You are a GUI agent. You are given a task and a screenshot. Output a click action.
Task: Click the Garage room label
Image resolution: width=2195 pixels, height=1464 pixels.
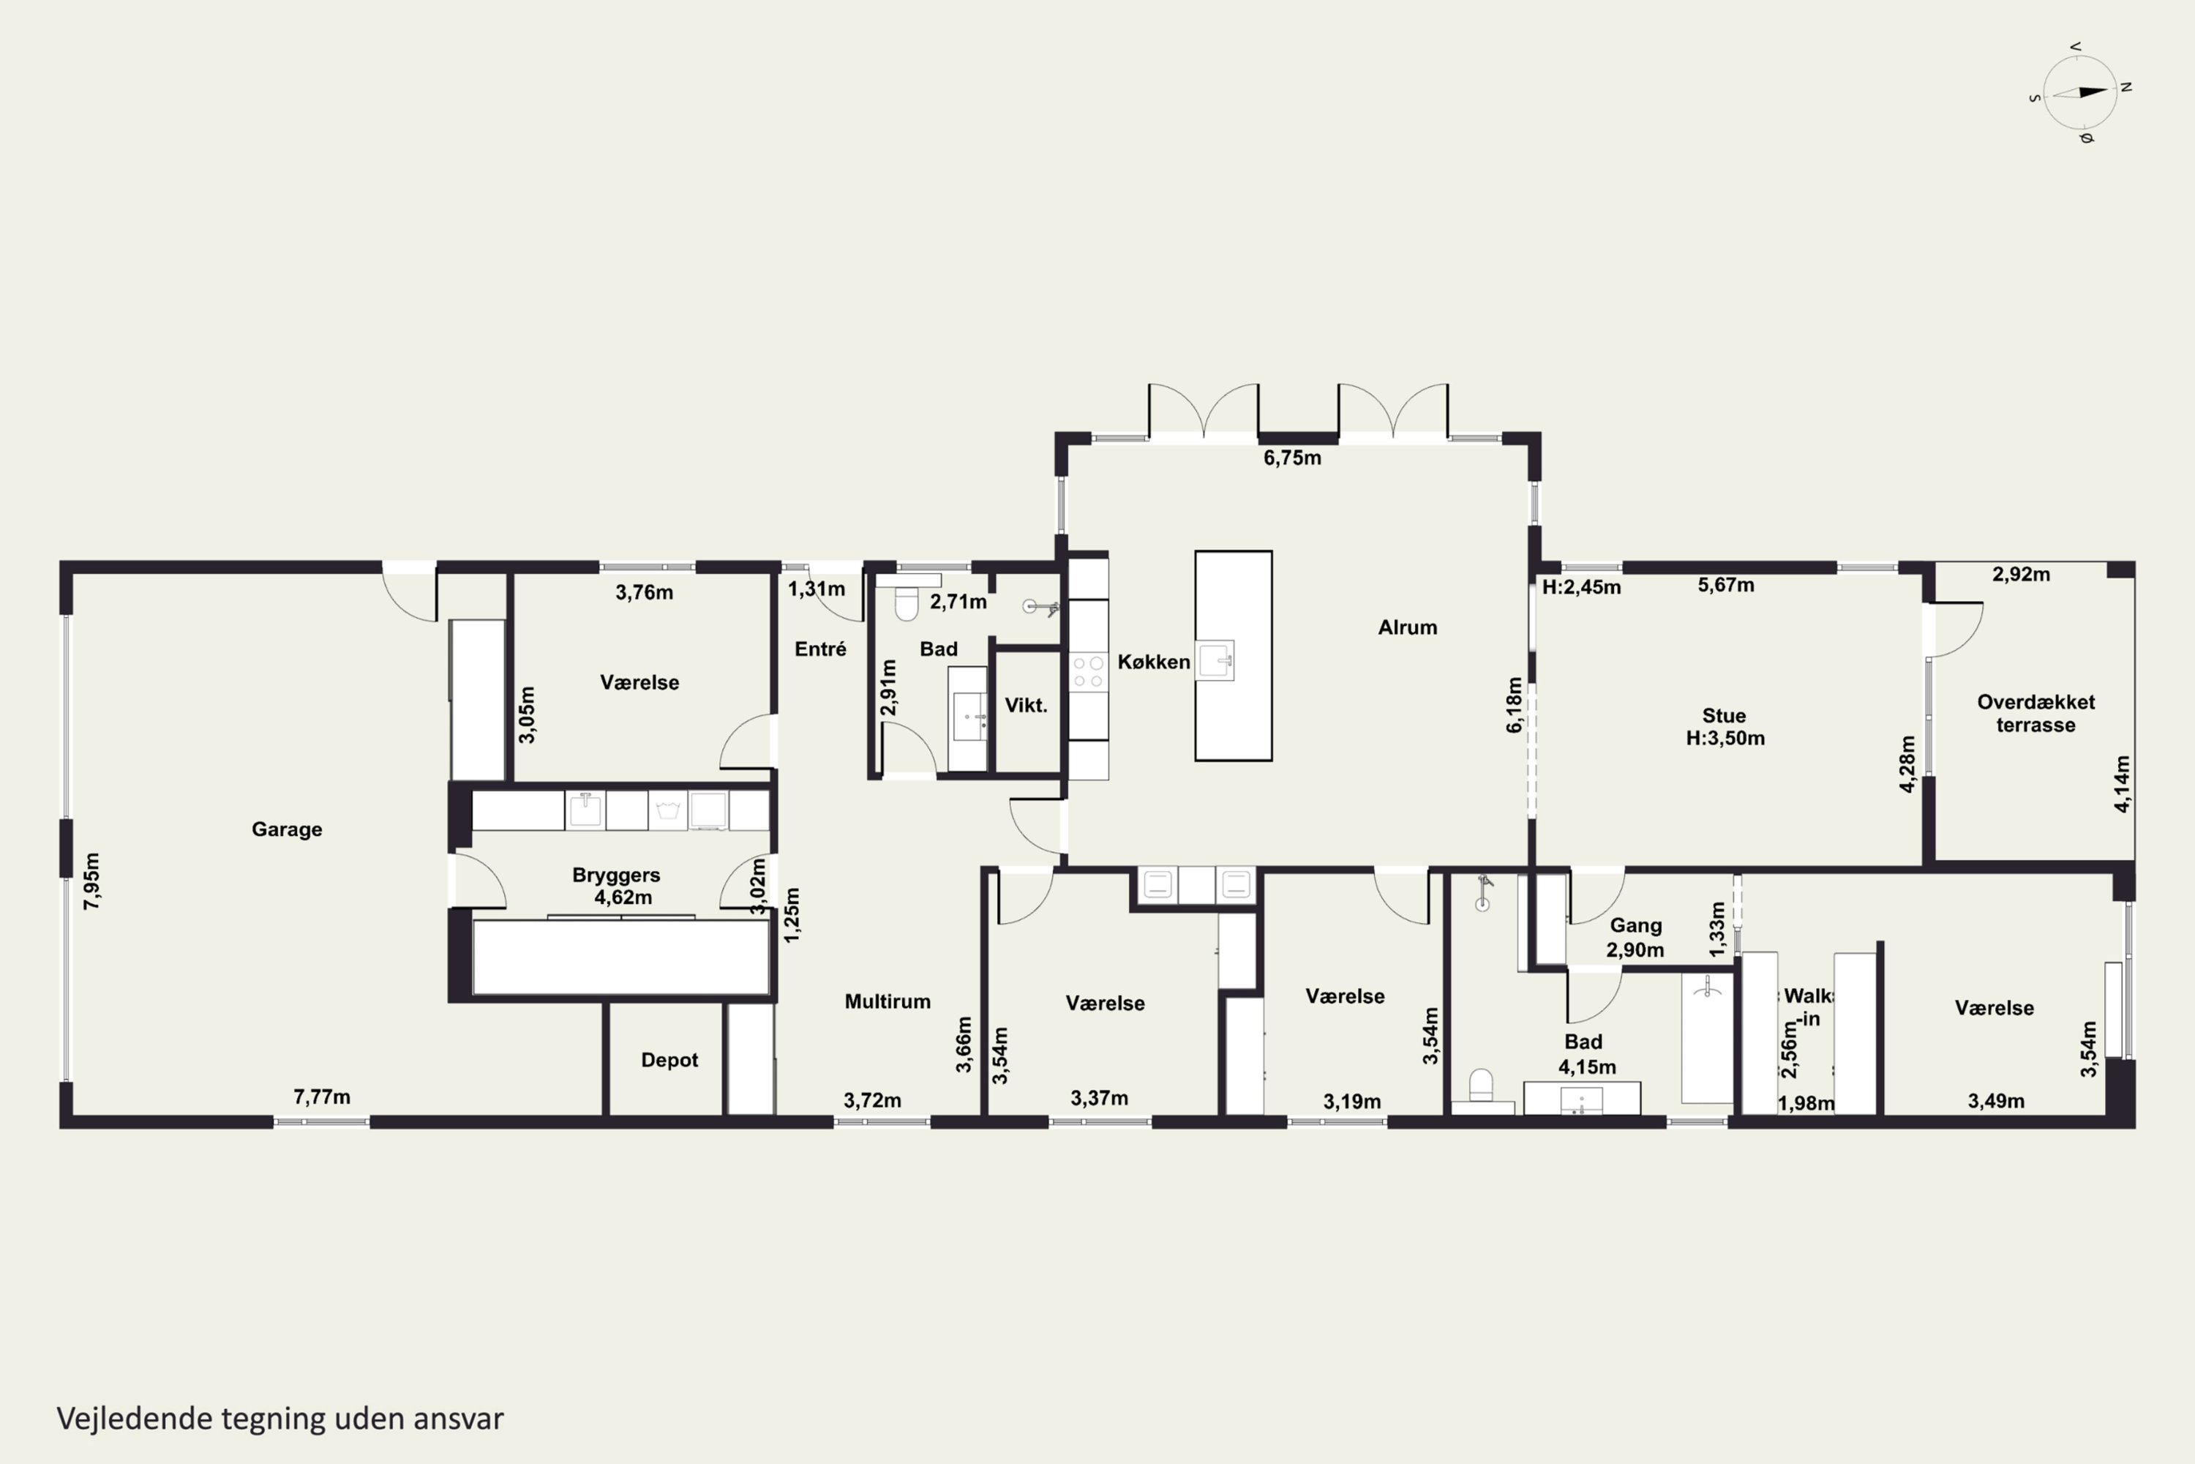287,829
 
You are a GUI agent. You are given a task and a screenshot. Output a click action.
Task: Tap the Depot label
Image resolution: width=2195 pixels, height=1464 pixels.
669,1060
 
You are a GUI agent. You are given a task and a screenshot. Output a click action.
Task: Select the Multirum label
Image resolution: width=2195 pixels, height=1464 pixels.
888,1001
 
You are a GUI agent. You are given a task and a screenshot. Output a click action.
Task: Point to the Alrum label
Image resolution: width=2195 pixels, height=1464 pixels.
1407,627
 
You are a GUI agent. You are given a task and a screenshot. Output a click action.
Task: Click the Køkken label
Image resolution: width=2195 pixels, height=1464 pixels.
1154,661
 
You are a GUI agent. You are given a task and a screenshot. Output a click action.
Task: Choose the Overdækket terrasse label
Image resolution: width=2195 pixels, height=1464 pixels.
2036,713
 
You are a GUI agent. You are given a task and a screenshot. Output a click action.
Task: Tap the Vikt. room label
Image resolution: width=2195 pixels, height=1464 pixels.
1026,705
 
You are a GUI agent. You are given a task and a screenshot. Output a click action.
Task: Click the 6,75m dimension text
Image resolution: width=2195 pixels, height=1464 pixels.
1293,457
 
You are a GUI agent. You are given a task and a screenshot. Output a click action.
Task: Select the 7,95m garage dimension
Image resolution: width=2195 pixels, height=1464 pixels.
91,881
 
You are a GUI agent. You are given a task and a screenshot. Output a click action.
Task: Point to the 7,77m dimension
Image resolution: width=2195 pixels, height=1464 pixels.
322,1096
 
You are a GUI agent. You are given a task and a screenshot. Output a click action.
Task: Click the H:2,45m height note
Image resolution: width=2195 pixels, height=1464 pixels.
1581,587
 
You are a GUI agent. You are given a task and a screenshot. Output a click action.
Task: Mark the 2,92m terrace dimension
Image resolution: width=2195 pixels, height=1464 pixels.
2022,574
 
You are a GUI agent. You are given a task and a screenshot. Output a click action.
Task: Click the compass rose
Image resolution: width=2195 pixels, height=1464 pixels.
2080,92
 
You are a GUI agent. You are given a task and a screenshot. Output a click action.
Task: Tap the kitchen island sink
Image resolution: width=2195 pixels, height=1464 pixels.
1216,660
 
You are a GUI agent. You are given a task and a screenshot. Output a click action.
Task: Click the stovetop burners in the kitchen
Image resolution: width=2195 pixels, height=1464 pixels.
1088,671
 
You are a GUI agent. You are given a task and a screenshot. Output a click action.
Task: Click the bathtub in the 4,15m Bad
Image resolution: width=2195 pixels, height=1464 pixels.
1707,1037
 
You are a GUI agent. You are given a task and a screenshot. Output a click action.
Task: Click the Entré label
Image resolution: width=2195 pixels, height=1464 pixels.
820,649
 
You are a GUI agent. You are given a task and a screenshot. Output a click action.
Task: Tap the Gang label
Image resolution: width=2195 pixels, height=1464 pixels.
1636,925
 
